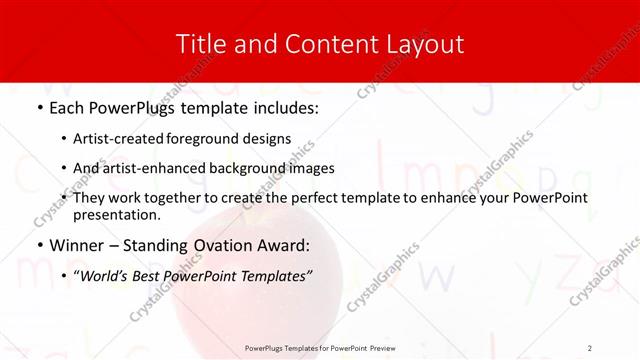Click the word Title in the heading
pyautogui.click(x=198, y=44)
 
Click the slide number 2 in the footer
pyautogui.click(x=590, y=347)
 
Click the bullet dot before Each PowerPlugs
pyautogui.click(x=39, y=107)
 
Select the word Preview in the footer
pyautogui.click(x=380, y=347)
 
